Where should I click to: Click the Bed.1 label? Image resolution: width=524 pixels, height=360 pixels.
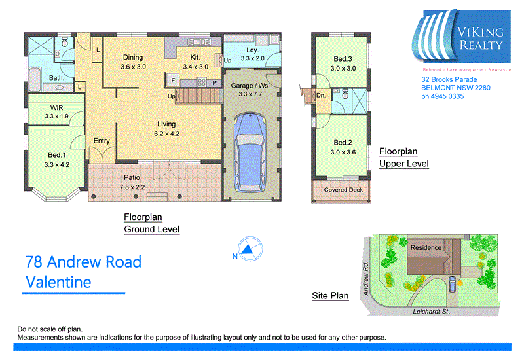pyautogui.click(x=54, y=155)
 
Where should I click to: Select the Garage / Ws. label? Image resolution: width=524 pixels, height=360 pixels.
pyautogui.click(x=251, y=85)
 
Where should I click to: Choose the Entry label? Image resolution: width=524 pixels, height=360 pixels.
pyautogui.click(x=102, y=141)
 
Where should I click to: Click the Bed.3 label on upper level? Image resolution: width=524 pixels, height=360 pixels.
pyautogui.click(x=343, y=59)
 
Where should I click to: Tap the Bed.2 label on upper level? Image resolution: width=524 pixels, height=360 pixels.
pyautogui.click(x=343, y=143)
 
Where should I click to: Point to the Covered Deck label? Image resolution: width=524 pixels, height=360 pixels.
pyautogui.click(x=342, y=190)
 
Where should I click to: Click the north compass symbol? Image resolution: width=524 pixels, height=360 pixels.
pyautogui.click(x=248, y=249)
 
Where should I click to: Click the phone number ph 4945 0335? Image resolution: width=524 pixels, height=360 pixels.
pyautogui.click(x=442, y=96)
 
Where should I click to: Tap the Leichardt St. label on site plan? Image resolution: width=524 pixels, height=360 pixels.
pyautogui.click(x=431, y=312)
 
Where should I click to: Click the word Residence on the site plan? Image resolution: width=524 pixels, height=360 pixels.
pyautogui.click(x=426, y=248)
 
